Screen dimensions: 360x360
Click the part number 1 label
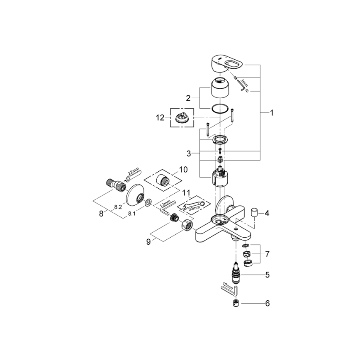272,112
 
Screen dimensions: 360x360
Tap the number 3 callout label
189,153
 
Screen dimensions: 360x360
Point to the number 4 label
267,214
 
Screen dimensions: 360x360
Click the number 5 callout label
267,275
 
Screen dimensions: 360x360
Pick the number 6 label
267,304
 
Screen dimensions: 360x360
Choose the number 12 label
160,118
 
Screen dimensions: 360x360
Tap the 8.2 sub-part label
117,206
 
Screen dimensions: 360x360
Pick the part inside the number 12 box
182,117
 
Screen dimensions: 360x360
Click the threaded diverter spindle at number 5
237,274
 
